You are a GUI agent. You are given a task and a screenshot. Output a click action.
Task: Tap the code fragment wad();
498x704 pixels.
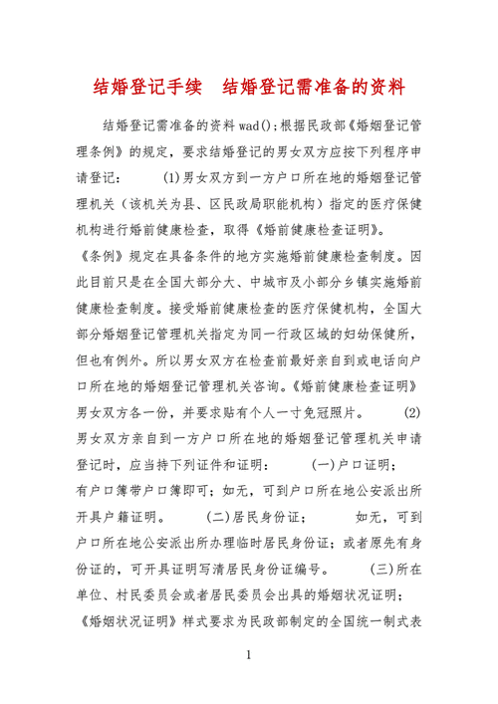pyautogui.click(x=244, y=126)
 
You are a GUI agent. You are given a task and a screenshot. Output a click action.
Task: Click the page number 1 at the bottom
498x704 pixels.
pyautogui.click(x=249, y=657)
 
